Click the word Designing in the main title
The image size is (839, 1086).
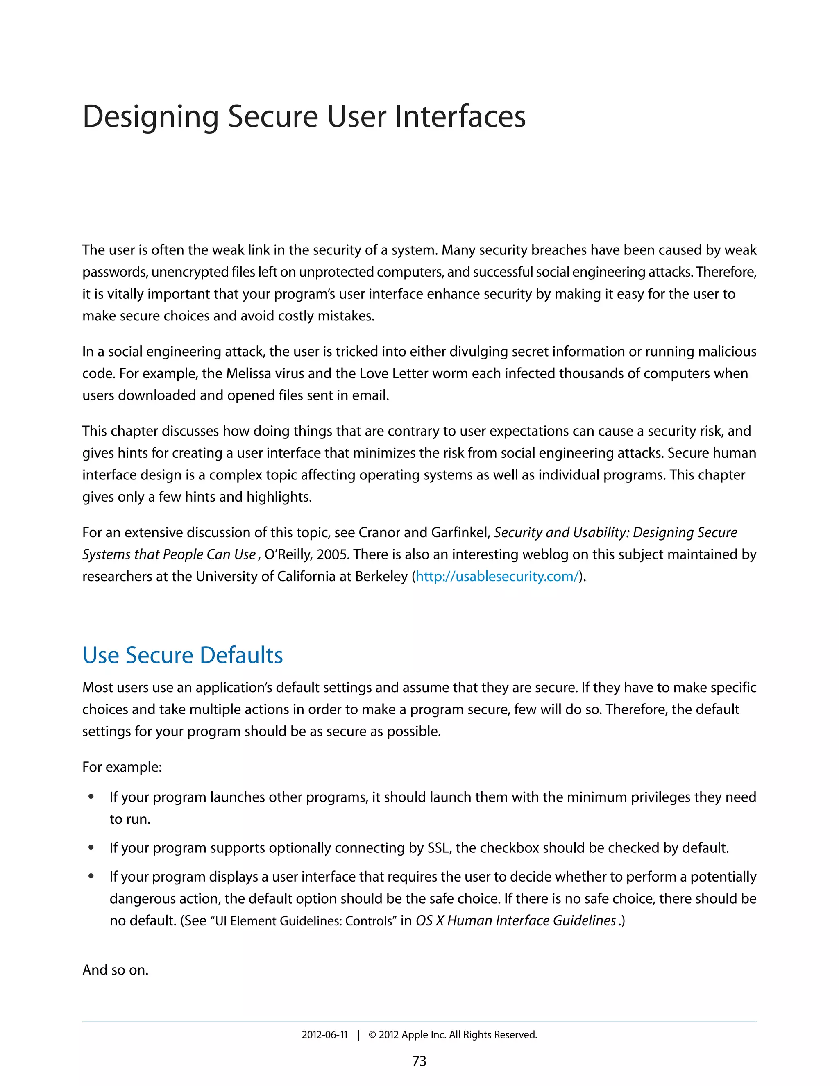150,117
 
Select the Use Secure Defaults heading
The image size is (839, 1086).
182,655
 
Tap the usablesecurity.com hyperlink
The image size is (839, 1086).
497,576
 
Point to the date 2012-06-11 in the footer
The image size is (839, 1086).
324,1035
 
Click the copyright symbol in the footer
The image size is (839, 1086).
372,1035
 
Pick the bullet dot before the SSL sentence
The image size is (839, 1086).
91,847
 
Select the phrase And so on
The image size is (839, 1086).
115,970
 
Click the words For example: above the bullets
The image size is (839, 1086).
122,767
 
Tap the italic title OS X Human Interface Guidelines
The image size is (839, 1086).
515,921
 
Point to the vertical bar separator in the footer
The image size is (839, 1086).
358,1035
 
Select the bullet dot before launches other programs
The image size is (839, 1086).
91,797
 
